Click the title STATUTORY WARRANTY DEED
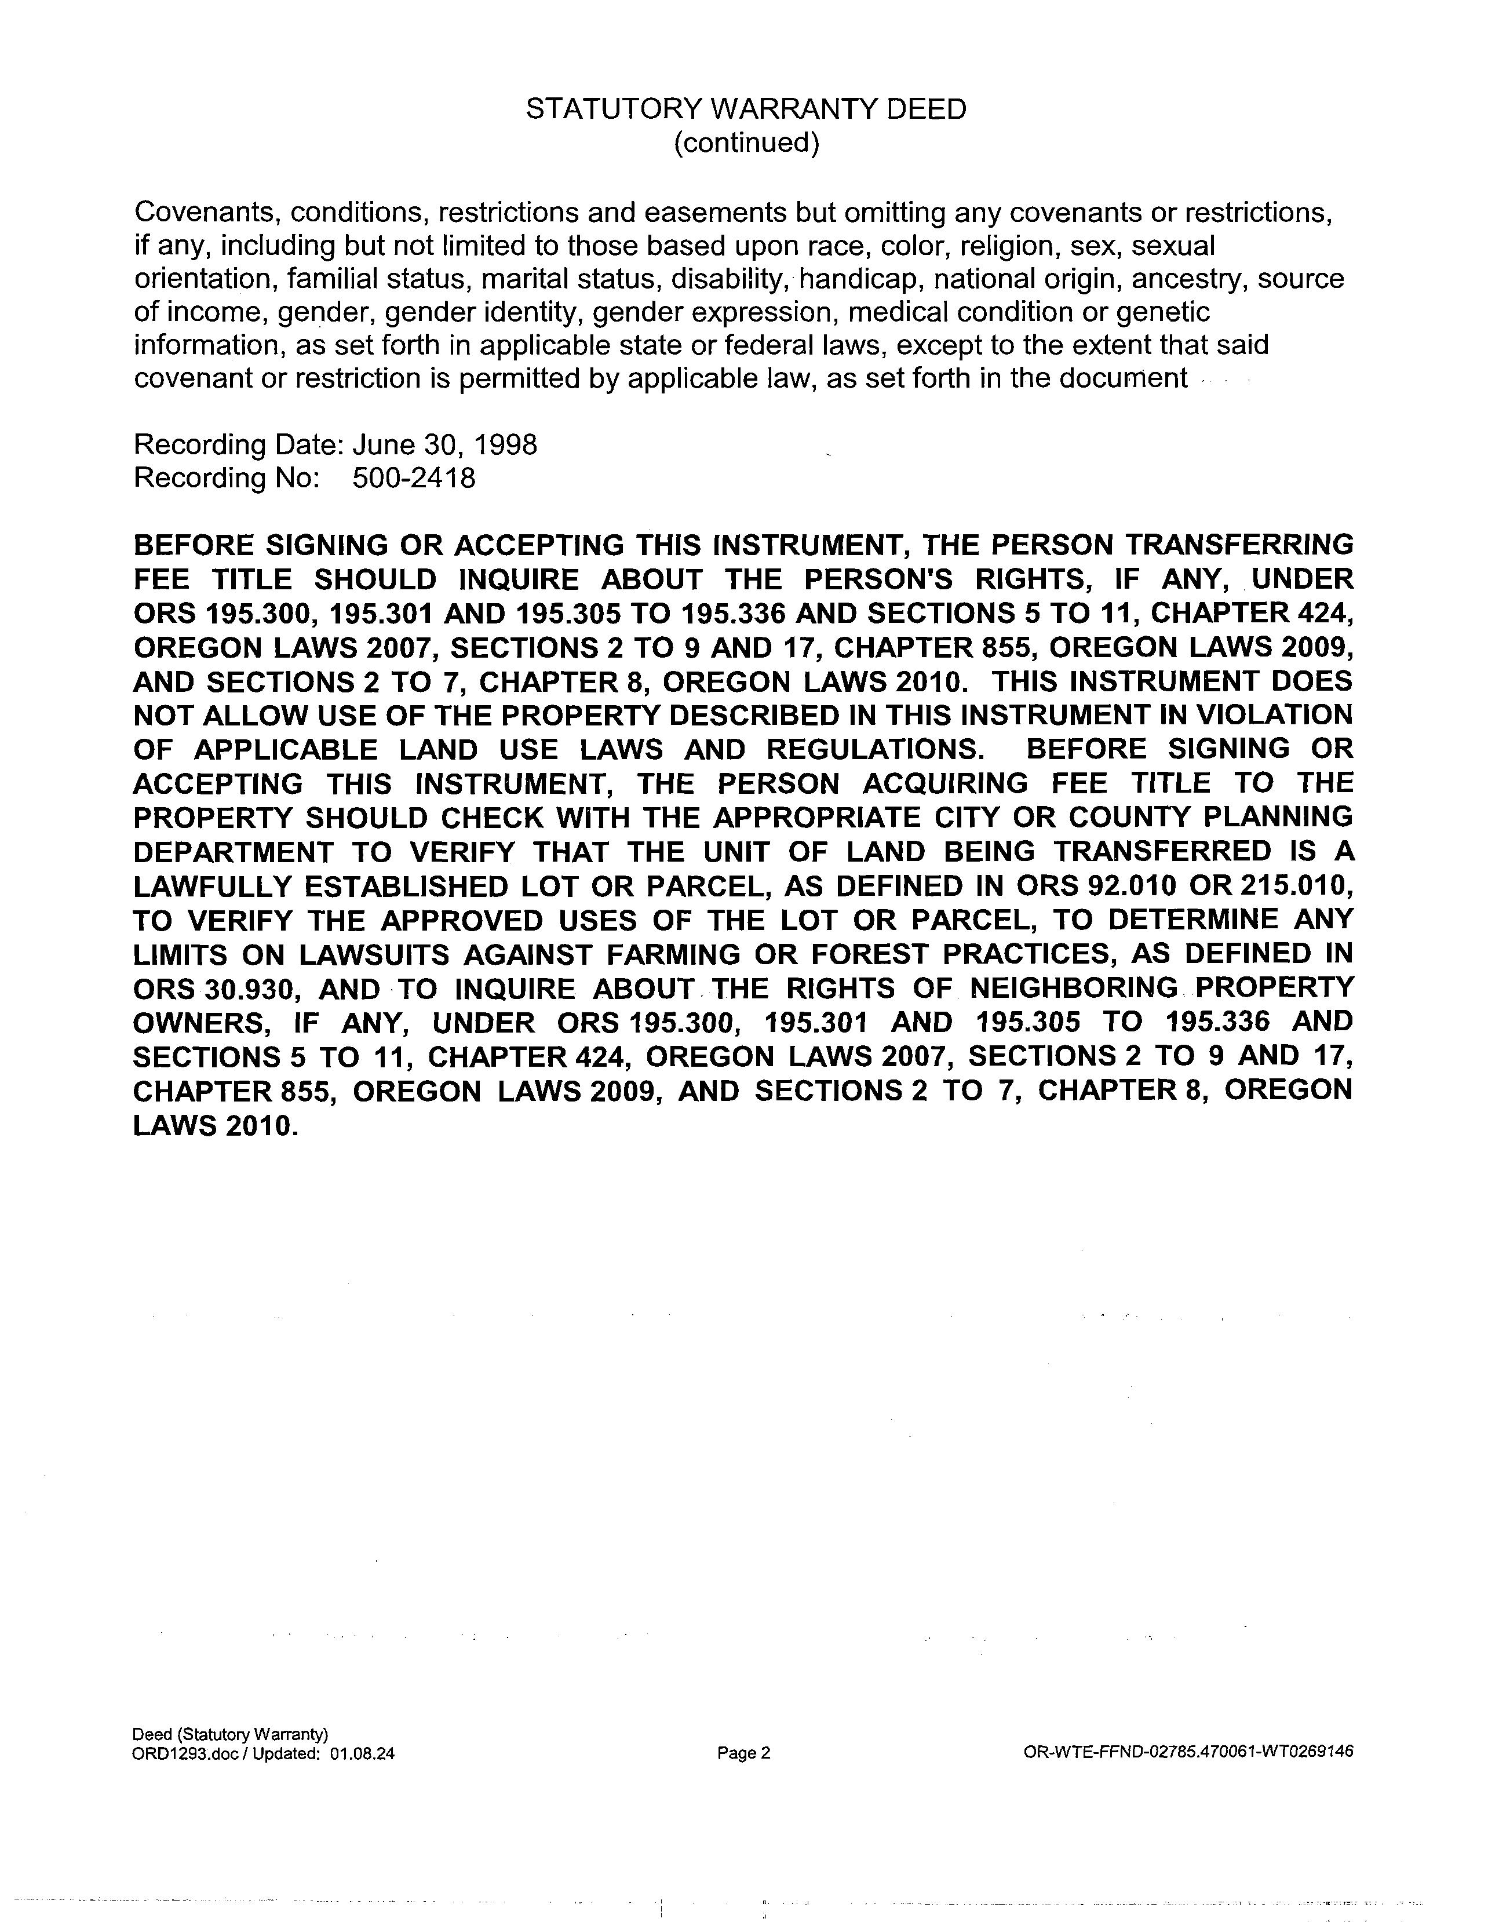[x=745, y=109]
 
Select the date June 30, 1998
[x=444, y=444]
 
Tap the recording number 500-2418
[x=414, y=478]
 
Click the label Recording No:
[x=225, y=478]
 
